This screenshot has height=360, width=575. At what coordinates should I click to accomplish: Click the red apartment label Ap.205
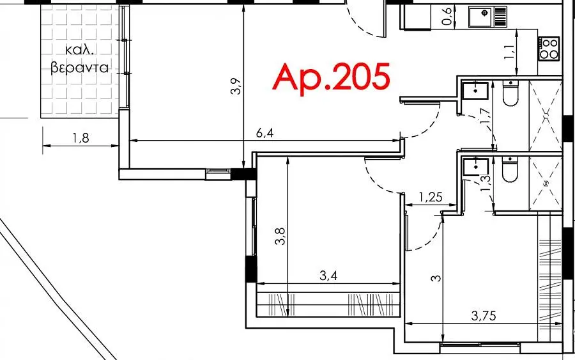tap(332, 78)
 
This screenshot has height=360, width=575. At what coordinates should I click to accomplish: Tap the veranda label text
tap(80, 59)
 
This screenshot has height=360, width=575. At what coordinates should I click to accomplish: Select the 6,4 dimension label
tap(264, 133)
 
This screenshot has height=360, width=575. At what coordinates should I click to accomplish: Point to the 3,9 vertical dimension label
tap(236, 86)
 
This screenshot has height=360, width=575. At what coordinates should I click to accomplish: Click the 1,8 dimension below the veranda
tap(80, 138)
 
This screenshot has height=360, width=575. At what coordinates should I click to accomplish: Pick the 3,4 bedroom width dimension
tap(328, 276)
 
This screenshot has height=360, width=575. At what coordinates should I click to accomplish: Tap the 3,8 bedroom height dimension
tap(280, 236)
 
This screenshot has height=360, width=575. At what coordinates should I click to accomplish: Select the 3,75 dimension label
tap(484, 315)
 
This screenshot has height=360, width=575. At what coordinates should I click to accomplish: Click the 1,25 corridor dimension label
tap(431, 198)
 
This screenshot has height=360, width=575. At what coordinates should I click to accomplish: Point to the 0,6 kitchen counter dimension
tap(447, 17)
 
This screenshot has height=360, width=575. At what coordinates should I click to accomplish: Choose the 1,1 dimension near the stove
tap(509, 52)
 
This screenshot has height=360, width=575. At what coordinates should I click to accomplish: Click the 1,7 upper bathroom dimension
tap(485, 116)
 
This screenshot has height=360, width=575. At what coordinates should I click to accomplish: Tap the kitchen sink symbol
tap(487, 17)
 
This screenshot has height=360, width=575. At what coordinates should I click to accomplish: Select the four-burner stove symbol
tap(549, 49)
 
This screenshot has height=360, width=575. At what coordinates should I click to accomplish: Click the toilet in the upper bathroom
tap(510, 93)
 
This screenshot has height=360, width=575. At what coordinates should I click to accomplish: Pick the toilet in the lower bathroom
tap(510, 169)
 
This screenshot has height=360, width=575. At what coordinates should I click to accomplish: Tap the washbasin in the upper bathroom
tap(475, 91)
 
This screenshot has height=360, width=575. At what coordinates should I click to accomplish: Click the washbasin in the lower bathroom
tap(475, 167)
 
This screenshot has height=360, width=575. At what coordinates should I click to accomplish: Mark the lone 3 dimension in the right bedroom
tap(436, 278)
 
